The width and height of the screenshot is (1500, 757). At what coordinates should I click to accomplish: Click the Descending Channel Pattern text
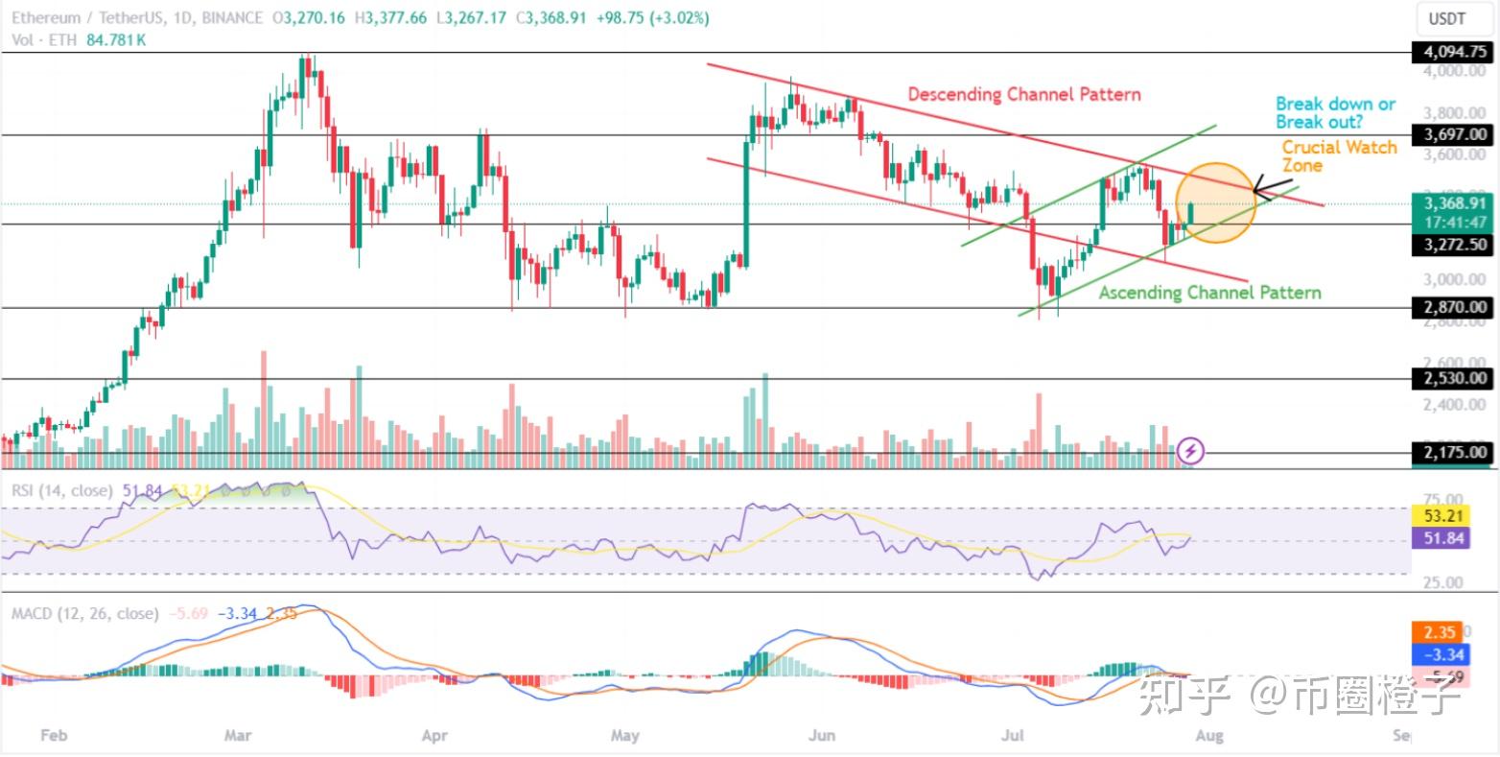coord(1024,95)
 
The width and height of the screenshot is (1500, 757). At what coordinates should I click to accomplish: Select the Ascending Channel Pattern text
coord(1209,293)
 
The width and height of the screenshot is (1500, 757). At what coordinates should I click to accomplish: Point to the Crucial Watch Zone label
coord(1339,156)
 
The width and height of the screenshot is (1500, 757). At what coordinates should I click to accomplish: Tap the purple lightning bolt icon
coord(1191,449)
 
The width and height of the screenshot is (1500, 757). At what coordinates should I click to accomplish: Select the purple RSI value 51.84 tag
coord(1440,538)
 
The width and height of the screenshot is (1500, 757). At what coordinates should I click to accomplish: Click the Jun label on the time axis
coord(821,736)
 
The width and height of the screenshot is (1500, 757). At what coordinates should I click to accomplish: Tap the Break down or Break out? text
coord(1335,112)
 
